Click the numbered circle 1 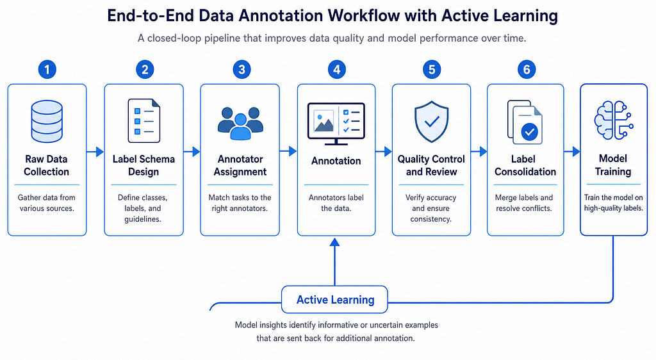click(47, 69)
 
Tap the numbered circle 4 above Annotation click(337, 69)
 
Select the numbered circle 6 click(527, 69)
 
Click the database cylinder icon click(47, 121)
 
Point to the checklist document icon click(144, 121)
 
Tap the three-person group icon click(241, 123)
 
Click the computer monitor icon click(336, 124)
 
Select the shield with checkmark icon click(431, 122)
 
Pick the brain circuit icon click(614, 120)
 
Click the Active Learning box click(334, 299)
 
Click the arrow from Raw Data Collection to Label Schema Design click(95, 151)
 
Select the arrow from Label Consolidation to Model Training click(572, 151)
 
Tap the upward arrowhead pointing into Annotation click(334, 243)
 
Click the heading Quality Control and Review click(431, 165)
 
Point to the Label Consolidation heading click(525, 165)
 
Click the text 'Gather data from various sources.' click(47, 203)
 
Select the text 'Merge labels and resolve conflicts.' click(524, 203)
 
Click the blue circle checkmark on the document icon click(530, 132)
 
